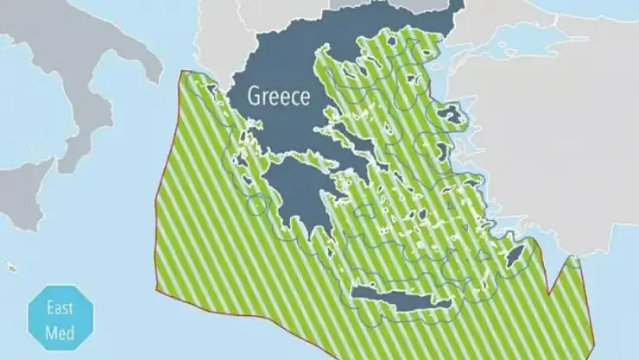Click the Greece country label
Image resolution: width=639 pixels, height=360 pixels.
click(x=278, y=96)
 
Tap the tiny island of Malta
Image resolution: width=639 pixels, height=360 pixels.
click(x=9, y=267)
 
